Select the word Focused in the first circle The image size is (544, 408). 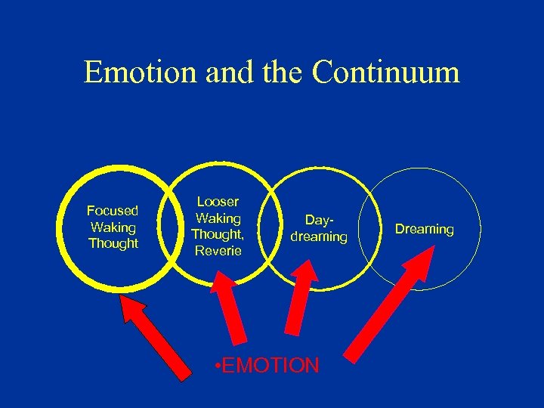(x=113, y=210)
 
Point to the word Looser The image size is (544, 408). (x=218, y=202)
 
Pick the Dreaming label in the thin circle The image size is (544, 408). (x=425, y=229)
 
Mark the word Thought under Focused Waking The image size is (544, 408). (x=113, y=243)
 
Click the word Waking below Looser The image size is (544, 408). (x=218, y=218)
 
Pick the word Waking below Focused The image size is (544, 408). (x=113, y=227)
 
